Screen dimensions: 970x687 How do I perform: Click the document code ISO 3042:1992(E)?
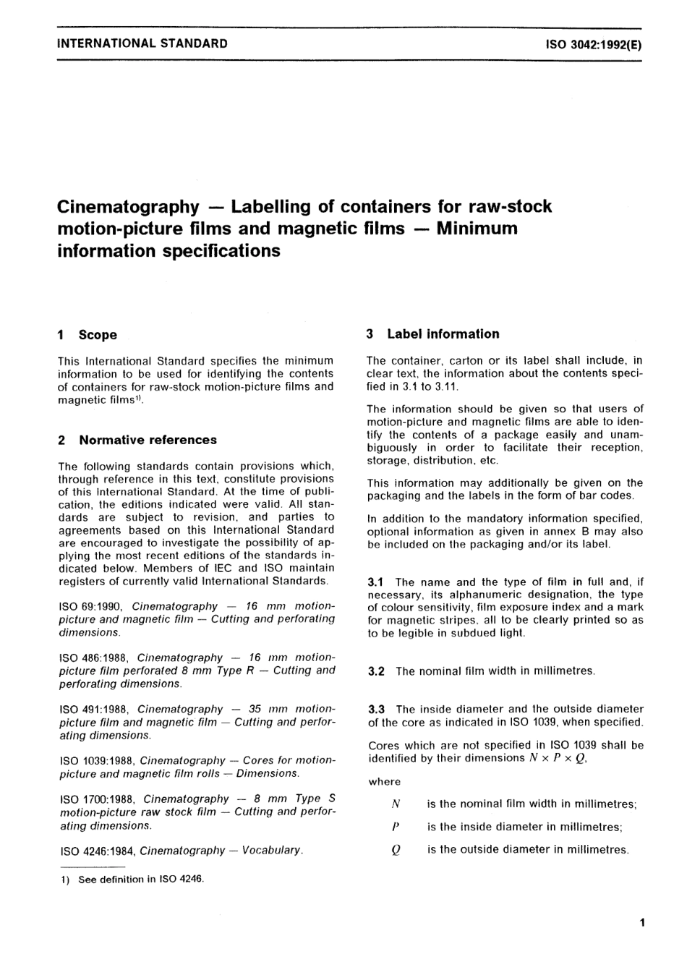(593, 43)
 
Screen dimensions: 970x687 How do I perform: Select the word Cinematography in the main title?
(127, 207)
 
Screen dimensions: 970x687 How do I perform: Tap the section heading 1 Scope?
(88, 335)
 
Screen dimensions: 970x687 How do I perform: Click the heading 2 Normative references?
(137, 440)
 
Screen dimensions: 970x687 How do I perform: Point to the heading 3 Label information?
(432, 334)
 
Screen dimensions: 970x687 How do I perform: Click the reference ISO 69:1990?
(92, 606)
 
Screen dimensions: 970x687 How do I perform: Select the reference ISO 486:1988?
(95, 658)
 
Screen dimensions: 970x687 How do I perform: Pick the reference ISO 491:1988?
(95, 709)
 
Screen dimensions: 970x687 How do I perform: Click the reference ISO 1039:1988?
(98, 760)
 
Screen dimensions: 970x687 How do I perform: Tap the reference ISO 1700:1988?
(98, 799)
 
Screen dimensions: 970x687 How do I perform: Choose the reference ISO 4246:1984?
(98, 851)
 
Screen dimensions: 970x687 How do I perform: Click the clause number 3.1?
(379, 582)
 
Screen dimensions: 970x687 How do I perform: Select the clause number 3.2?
(376, 671)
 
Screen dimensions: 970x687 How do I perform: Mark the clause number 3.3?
(377, 709)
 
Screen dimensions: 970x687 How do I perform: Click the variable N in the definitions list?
(395, 804)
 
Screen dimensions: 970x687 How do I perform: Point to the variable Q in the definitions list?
(395, 850)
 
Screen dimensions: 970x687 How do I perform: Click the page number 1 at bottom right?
(641, 922)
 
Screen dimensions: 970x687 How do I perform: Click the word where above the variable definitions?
(384, 781)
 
